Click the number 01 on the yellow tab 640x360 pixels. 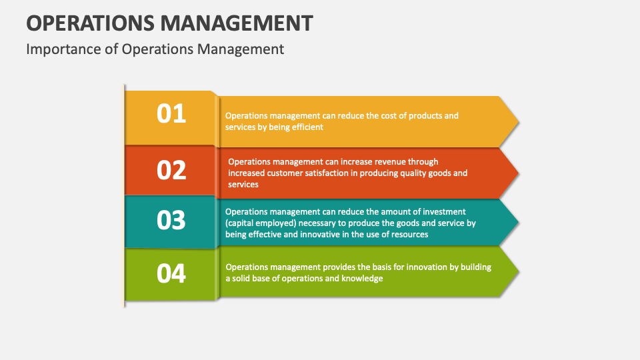click(x=171, y=114)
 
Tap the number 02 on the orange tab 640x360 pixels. click(x=171, y=170)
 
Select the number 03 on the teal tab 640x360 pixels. click(x=171, y=220)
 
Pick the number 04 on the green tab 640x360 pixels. click(x=171, y=273)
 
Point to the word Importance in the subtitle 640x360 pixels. click(x=64, y=49)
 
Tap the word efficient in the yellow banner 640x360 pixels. click(x=307, y=127)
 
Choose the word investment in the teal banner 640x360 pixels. click(x=441, y=212)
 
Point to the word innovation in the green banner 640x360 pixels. click(x=425, y=267)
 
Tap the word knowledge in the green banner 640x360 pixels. click(x=363, y=279)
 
